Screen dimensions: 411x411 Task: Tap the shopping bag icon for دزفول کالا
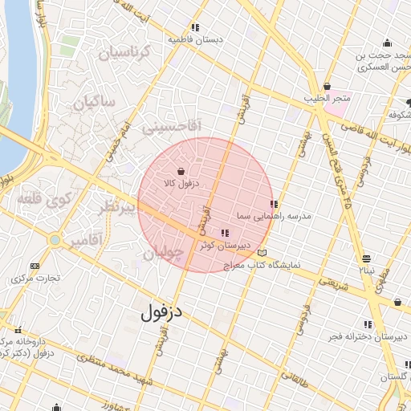tap(181, 171)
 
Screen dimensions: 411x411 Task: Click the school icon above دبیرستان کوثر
tap(223, 233)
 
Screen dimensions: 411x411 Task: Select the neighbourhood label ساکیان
tap(95, 103)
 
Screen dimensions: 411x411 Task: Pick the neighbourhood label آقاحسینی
tap(171, 126)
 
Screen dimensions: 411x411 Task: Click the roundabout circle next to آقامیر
tap(54, 239)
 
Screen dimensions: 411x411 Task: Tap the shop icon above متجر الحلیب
tap(327, 87)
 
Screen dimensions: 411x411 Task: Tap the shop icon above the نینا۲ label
tap(366, 258)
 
